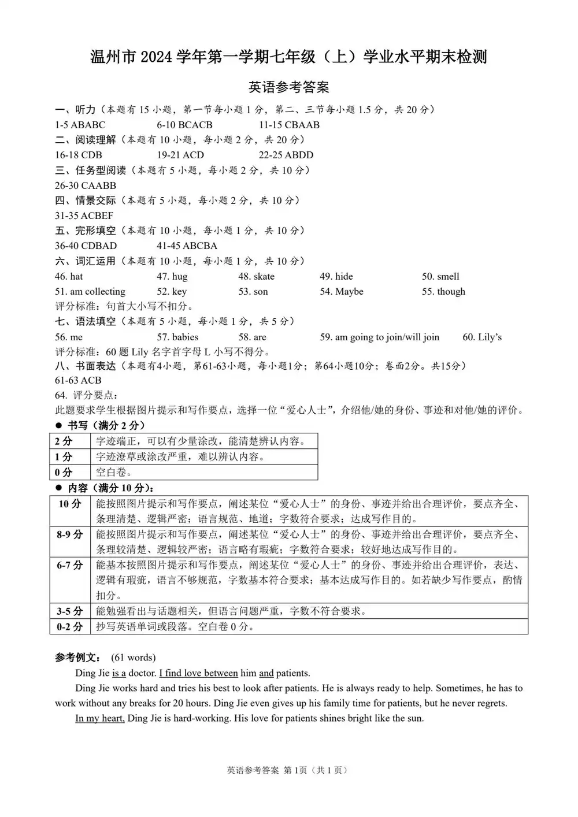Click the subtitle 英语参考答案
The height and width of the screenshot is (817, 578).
(x=288, y=87)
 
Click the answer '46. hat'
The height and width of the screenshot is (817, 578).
(x=69, y=276)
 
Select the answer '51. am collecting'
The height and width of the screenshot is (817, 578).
(x=90, y=291)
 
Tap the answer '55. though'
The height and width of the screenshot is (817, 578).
(x=443, y=291)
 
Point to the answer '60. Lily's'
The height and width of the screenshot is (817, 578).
(x=482, y=337)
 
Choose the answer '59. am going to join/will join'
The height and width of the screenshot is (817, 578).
(x=380, y=337)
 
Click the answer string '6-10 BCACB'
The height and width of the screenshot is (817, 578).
(x=184, y=125)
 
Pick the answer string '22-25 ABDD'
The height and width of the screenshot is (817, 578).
(x=286, y=155)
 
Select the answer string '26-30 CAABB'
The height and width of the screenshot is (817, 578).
(x=86, y=185)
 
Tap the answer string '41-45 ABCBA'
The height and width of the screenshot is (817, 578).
(x=187, y=246)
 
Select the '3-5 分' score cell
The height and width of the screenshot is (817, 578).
(x=70, y=611)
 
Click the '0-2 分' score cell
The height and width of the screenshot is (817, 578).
(x=70, y=626)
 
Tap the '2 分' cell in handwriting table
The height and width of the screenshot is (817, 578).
(x=64, y=441)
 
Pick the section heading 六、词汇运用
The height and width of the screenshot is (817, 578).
(x=85, y=261)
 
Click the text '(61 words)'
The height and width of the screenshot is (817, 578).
(x=133, y=658)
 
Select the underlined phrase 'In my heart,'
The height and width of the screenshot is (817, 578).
(x=100, y=718)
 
